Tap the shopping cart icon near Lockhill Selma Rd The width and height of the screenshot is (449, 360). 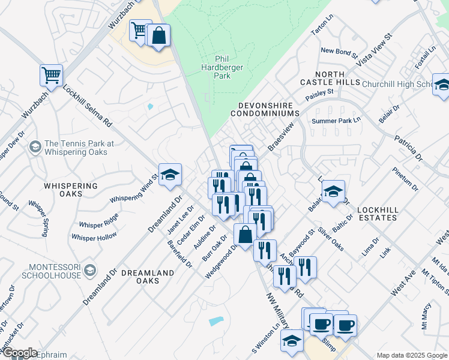52,76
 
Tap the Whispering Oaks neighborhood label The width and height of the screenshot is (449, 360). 70,190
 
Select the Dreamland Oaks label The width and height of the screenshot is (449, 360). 148,277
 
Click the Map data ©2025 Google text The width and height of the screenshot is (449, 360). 411,355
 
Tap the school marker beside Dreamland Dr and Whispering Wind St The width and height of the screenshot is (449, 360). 170,175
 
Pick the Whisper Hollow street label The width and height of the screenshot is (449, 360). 94,237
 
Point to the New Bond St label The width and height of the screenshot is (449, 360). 339,51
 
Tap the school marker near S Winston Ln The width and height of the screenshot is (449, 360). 292,340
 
